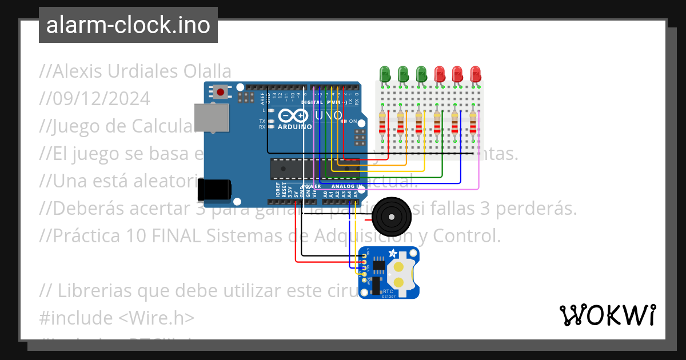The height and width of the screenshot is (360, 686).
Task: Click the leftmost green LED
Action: tap(385, 74)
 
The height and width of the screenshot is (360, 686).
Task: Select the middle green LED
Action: tap(403, 74)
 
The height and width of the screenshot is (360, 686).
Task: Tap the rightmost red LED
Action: tap(476, 74)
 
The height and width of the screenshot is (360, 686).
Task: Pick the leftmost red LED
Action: tap(440, 74)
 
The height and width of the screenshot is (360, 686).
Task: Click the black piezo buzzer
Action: tap(390, 217)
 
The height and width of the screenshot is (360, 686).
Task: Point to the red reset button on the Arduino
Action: tap(220, 91)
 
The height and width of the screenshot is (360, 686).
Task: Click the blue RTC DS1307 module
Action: tap(389, 273)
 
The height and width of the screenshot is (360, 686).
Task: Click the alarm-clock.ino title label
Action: tap(128, 25)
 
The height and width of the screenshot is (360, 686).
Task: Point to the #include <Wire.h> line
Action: tap(117, 317)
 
